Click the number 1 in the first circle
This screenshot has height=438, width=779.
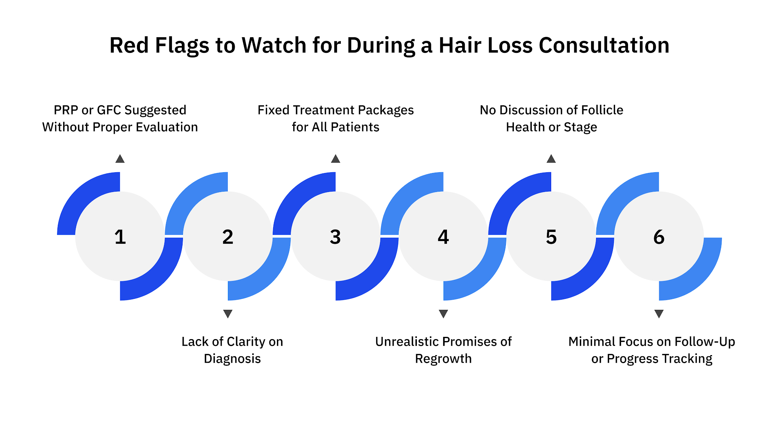point(120,237)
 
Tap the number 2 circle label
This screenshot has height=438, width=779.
point(228,237)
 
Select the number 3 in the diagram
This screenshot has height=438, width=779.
point(335,237)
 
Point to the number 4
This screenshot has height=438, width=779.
point(443,237)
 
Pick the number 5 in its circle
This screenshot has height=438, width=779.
point(551,237)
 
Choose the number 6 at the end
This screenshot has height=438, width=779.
point(659,237)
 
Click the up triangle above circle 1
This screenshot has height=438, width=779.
point(120,159)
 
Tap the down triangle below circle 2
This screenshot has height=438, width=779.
point(228,314)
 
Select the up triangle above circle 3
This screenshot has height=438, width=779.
point(335,159)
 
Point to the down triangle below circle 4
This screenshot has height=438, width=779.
point(443,314)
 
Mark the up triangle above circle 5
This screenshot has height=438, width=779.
point(551,159)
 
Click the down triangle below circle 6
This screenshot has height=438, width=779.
point(659,314)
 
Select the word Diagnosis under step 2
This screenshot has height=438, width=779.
point(232,359)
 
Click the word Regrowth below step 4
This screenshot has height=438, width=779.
point(443,359)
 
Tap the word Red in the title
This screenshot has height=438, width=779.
point(129,45)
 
